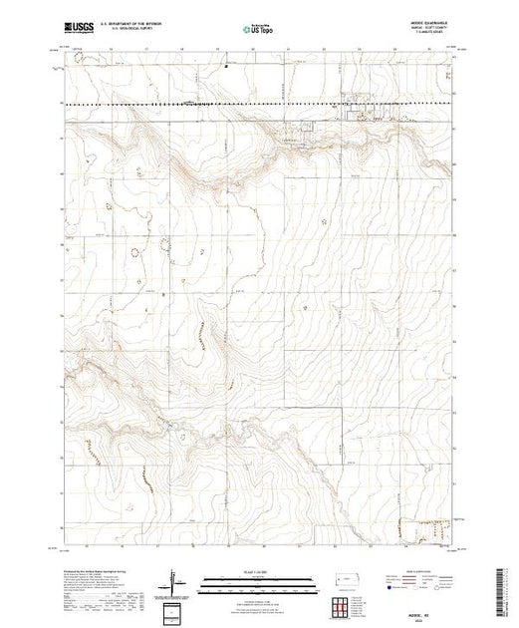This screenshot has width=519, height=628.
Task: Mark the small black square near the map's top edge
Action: click(227, 69)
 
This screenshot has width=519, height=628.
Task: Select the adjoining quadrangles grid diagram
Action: click(343, 606)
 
